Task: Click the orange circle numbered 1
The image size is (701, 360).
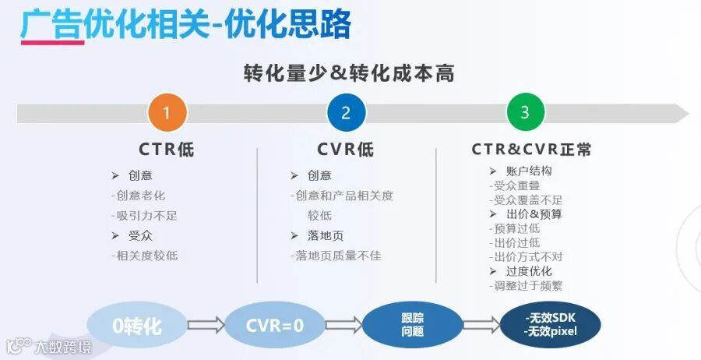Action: [167, 113]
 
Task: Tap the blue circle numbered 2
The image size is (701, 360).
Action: [346, 113]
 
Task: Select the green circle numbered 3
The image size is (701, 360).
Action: [525, 113]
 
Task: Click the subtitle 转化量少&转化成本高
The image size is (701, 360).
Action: [348, 74]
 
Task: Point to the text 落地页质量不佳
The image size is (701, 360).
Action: [335, 256]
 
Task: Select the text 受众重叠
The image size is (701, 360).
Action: [516, 186]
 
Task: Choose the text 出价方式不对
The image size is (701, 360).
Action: [527, 256]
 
